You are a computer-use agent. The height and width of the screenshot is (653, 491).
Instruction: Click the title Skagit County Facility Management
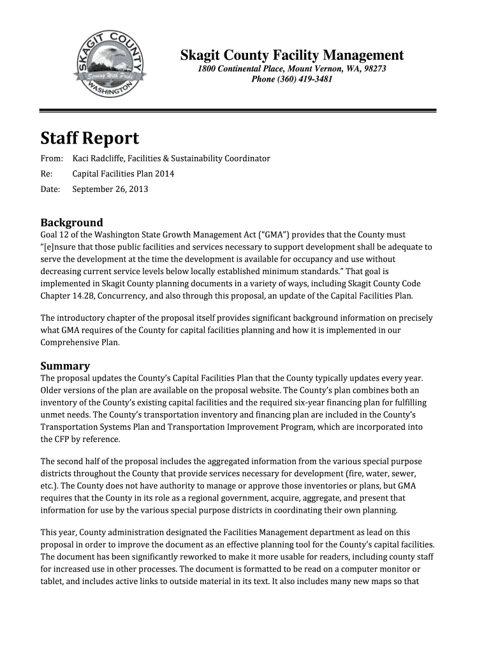292,55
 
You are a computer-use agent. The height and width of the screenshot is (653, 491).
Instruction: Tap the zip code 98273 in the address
374,69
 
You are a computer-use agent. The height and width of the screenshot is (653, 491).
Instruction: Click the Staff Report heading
90,138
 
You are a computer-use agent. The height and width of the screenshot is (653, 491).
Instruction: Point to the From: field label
52,158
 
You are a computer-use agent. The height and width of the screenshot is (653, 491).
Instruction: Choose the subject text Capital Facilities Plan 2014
123,173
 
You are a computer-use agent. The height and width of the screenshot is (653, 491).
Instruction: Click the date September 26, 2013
110,189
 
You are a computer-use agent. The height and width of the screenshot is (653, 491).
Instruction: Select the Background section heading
71,223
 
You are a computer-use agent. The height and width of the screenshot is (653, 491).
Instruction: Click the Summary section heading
65,366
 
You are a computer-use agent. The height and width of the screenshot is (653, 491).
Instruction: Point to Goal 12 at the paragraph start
55,235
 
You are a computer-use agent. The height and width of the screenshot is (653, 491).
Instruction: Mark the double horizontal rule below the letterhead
238,111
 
